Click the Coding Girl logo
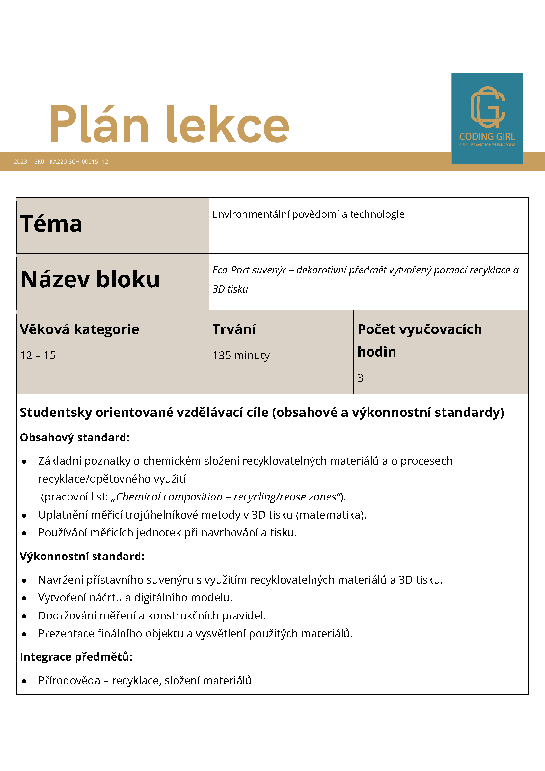[487, 118]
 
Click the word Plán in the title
[99, 124]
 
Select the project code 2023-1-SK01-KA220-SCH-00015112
[61, 161]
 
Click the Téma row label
[51, 224]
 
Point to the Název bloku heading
[90, 279]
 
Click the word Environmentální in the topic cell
[251, 214]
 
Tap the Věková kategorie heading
[79, 329]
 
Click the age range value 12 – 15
[38, 355]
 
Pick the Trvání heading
[234, 329]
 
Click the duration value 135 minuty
[241, 355]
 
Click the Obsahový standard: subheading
[74, 438]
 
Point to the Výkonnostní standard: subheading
[82, 557]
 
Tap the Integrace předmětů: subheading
[76, 657]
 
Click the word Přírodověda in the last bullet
[69, 681]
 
